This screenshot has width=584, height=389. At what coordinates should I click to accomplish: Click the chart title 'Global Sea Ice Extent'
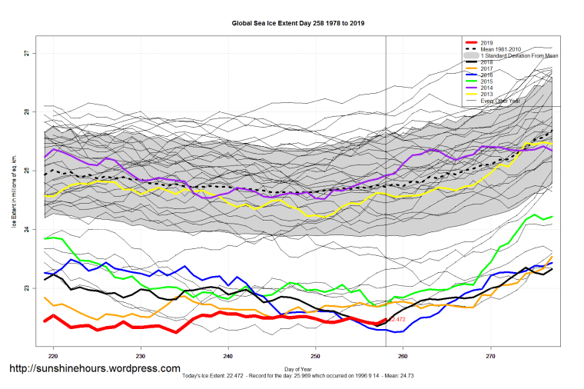[298, 24]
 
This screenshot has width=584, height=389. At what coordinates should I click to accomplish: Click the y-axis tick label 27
[25, 53]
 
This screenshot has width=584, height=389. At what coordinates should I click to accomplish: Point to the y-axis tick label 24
[25, 230]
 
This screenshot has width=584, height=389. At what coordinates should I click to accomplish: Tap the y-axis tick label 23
[25, 288]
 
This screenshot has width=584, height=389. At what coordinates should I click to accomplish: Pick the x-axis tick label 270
[491, 357]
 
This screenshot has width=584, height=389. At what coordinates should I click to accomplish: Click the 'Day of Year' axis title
[298, 371]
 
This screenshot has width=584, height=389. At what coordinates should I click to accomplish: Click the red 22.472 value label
[397, 319]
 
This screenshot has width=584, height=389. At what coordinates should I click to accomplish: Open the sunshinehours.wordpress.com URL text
[94, 369]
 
